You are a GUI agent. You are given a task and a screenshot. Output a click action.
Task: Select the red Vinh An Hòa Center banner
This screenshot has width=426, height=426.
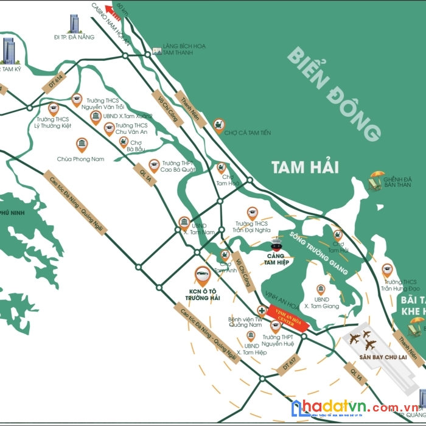click(x=285, y=318)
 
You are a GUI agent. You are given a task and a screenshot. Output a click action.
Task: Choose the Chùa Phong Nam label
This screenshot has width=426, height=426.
click(x=81, y=159)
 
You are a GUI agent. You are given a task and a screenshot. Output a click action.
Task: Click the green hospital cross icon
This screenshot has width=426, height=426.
click(x=262, y=309)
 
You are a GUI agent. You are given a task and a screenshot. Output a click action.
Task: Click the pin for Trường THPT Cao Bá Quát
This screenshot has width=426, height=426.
click(x=154, y=165)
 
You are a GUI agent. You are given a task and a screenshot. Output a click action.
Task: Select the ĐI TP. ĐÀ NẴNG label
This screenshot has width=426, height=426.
click(x=74, y=37)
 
